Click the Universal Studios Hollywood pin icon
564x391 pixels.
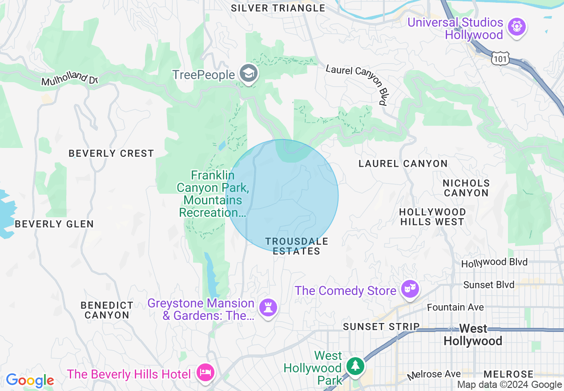[516, 27]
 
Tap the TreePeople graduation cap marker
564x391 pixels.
[248, 74]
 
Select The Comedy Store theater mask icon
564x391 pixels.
[410, 289]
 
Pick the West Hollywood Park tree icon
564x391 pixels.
[355, 366]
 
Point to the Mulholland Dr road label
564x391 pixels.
[69, 80]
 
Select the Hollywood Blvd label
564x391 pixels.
[494, 263]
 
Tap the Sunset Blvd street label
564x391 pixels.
[488, 284]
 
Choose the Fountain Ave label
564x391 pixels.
[455, 307]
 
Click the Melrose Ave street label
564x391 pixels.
[434, 376]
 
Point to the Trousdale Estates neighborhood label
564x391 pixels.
[297, 246]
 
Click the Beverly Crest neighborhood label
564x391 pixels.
[111, 153]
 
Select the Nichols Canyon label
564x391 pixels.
[466, 188]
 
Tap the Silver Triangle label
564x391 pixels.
[278, 8]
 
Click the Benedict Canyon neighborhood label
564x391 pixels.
[107, 310]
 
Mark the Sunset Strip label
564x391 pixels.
[381, 327]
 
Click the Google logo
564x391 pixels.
[30, 380]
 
